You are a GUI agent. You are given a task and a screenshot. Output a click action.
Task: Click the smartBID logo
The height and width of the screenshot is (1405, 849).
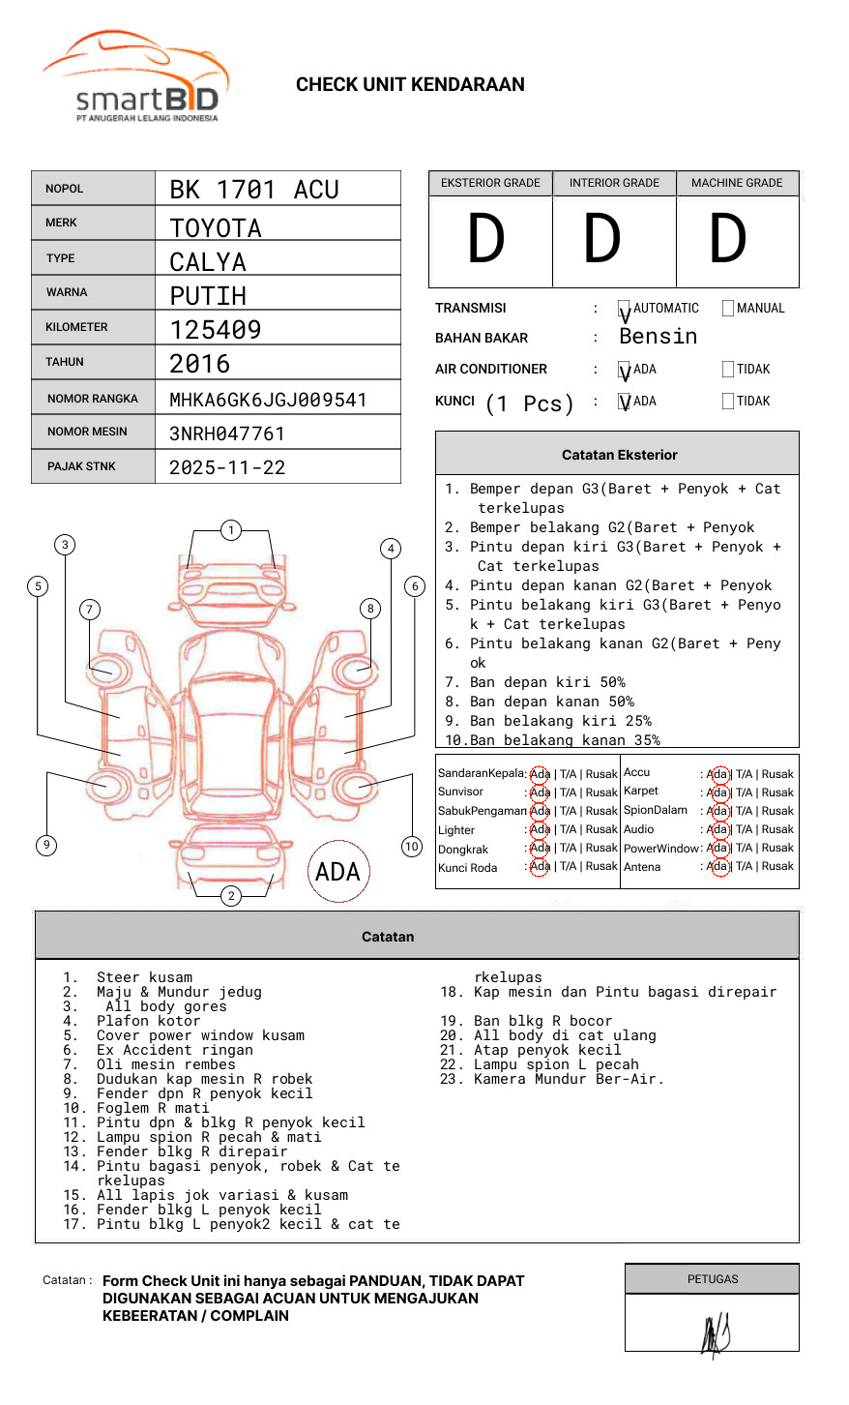pyautogui.click(x=135, y=77)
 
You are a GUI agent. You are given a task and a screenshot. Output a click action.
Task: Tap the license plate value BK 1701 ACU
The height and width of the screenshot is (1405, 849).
pyautogui.click(x=254, y=190)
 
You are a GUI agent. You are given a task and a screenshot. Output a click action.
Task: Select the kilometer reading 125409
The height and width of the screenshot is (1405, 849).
pyautogui.click(x=216, y=330)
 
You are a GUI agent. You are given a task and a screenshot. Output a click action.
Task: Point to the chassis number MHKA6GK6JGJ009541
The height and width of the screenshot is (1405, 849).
pyautogui.click(x=268, y=400)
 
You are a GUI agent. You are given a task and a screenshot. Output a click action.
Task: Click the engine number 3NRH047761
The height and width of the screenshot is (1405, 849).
pyautogui.click(x=227, y=433)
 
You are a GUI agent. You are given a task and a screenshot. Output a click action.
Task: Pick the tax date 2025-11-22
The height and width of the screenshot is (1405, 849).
pyautogui.click(x=227, y=468)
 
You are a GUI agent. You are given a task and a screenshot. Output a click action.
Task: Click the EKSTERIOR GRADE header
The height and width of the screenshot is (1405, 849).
pyautogui.click(x=490, y=183)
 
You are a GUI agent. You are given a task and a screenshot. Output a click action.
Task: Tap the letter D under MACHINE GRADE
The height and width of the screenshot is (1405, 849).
pyautogui.click(x=728, y=240)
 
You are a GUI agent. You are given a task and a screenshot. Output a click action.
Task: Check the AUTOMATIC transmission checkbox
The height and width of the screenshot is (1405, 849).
pyautogui.click(x=624, y=309)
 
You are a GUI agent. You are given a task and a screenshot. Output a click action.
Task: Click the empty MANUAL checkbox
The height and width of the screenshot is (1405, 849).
pyautogui.click(x=728, y=309)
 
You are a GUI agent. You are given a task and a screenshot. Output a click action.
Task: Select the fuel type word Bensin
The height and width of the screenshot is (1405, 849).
pyautogui.click(x=658, y=337)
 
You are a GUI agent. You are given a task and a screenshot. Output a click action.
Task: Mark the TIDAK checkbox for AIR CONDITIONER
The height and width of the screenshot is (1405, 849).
pyautogui.click(x=728, y=370)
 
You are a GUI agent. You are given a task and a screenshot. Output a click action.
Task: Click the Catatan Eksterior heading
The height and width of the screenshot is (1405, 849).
pyautogui.click(x=619, y=455)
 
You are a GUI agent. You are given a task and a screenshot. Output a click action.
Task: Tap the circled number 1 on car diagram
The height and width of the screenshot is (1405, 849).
pyautogui.click(x=230, y=530)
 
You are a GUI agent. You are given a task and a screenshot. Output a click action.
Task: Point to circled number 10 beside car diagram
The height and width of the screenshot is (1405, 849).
pyautogui.click(x=412, y=847)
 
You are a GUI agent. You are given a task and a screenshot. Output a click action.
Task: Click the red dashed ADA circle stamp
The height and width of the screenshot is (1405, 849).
pyautogui.click(x=337, y=872)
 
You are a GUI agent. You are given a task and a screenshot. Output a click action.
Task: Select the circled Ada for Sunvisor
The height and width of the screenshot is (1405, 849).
pyautogui.click(x=540, y=792)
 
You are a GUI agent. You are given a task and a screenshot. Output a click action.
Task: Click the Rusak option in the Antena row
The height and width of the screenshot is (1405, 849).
pyautogui.click(x=777, y=867)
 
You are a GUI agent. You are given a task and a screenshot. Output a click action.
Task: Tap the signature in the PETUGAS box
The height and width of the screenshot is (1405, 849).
pyautogui.click(x=715, y=1334)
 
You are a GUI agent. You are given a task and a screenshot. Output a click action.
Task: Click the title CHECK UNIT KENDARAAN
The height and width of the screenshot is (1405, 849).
pyautogui.click(x=410, y=85)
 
